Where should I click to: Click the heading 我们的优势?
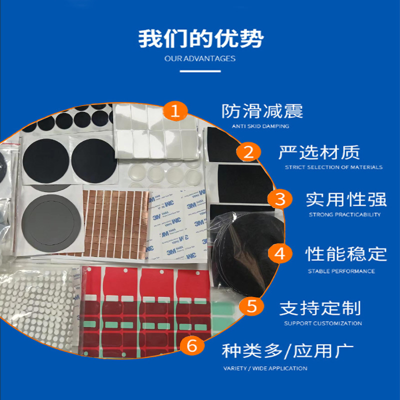coord(200,38)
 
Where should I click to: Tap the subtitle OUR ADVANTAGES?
coord(200,58)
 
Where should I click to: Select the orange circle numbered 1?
coord(174,111)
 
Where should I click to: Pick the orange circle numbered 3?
coord(280,199)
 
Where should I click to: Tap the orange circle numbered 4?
coord(280,253)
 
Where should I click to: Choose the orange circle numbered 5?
coord(253,305)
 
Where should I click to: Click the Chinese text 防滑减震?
coord(262,111)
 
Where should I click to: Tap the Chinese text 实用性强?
coord(346,199)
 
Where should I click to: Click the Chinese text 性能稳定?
coord(346,254)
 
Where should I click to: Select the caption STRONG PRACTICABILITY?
coord(344,215)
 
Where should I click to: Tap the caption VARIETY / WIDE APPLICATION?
coord(265,368)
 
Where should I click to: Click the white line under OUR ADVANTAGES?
coord(200,71)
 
